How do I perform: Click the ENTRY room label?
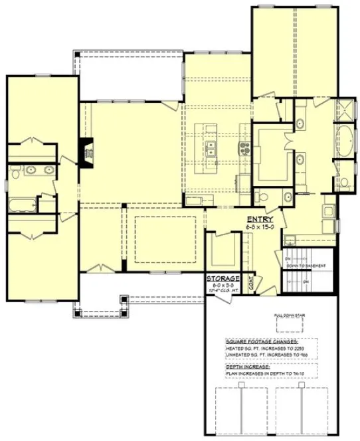[259, 219]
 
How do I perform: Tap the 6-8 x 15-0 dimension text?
[259, 227]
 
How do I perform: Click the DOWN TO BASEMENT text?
[306, 266]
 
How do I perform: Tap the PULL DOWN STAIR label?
[289, 316]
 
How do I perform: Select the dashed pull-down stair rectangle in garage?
[289, 325]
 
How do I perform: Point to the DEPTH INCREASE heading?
[245, 367]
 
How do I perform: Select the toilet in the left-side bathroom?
[13, 175]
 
